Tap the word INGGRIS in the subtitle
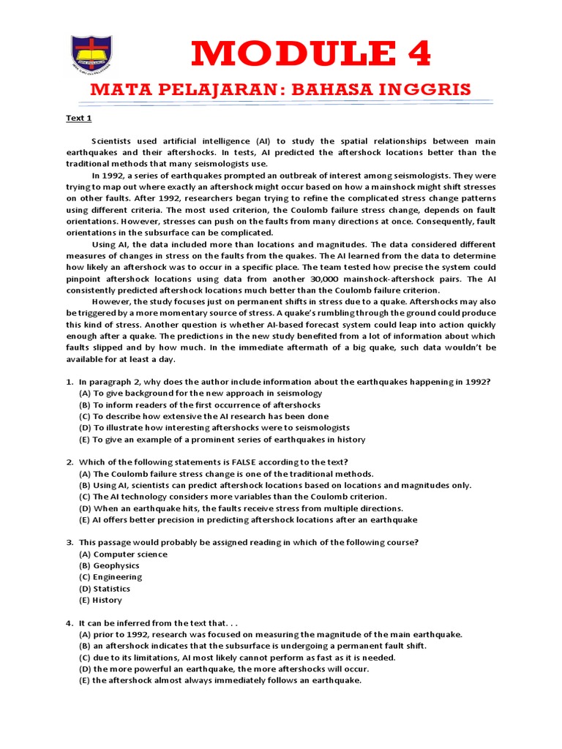pyautogui.click(x=424, y=90)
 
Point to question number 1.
pyautogui.click(x=70, y=382)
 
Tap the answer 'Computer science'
pyautogui.click(x=123, y=554)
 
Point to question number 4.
pyautogui.click(x=70, y=623)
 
